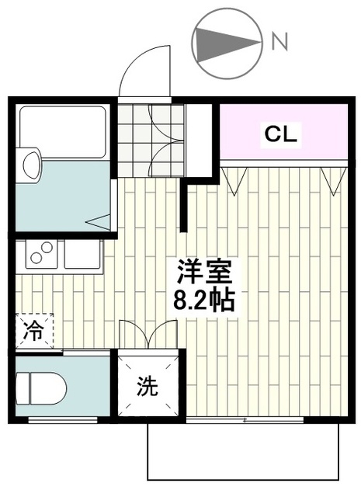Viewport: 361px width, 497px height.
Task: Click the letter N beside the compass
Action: pyautogui.click(x=280, y=42)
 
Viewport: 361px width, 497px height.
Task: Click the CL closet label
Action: pyautogui.click(x=281, y=134)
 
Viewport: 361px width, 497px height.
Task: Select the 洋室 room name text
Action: pyautogui.click(x=204, y=272)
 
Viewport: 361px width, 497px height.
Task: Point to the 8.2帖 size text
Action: pyautogui.click(x=204, y=301)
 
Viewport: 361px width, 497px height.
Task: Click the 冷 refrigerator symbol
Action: pyautogui.click(x=34, y=331)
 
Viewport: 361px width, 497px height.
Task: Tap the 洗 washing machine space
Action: pyautogui.click(x=148, y=386)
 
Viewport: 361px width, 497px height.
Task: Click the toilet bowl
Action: pyautogui.click(x=41, y=388)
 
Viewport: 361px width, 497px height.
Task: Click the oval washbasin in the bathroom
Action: pyautogui.click(x=32, y=164)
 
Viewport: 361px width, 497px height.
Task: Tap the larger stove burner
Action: pyautogui.click(x=47, y=247)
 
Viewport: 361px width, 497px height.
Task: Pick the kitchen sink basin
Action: pyautogui.click(x=83, y=255)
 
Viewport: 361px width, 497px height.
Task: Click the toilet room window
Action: pyautogui.click(x=63, y=420)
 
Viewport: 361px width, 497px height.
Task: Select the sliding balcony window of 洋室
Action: pyautogui.click(x=245, y=420)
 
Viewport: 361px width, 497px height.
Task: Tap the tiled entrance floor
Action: pyautogui.click(x=151, y=140)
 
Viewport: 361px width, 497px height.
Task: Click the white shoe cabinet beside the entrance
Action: pyautogui.click(x=199, y=141)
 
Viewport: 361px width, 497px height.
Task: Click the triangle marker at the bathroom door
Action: pyautogui.click(x=98, y=221)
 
